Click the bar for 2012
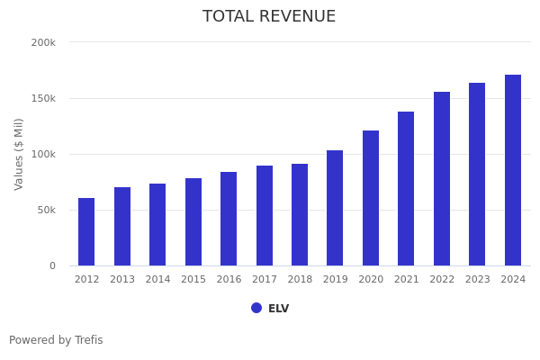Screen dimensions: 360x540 86,232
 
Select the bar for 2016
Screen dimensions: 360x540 229,219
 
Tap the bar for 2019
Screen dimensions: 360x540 335,208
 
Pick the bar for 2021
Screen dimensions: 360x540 406,189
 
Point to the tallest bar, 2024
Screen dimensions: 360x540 513,170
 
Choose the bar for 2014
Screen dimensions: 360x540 157,225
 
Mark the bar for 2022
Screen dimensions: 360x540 442,179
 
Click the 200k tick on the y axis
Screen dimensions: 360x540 43,42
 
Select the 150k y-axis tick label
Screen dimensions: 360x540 43,98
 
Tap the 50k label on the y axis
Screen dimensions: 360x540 46,210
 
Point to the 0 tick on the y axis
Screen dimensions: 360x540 52,265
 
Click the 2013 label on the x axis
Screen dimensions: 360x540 122,280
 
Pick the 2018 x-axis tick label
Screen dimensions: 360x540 300,280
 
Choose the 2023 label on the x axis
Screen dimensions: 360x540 477,280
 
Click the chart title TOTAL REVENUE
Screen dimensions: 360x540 269,17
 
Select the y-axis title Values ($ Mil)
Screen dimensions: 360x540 19,154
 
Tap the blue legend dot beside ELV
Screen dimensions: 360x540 256,308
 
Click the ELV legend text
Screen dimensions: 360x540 279,309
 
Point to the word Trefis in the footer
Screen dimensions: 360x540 88,340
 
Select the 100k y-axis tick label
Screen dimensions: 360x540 43,154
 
